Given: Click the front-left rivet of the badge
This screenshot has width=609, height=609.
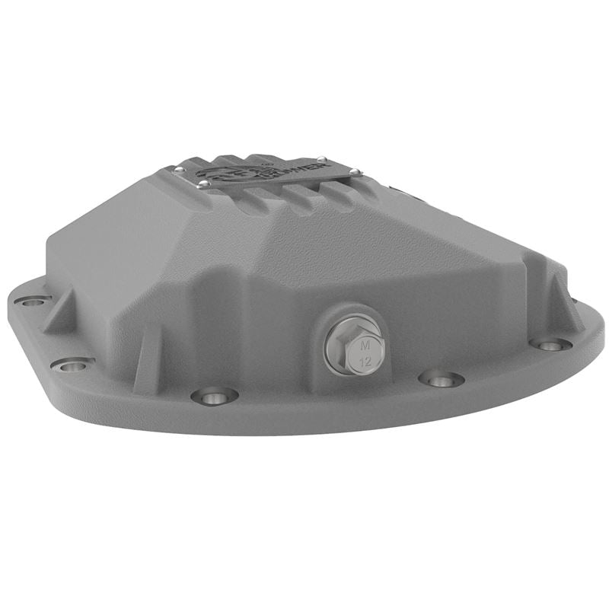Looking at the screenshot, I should (203, 184).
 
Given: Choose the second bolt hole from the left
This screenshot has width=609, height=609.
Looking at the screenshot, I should (73, 366).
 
